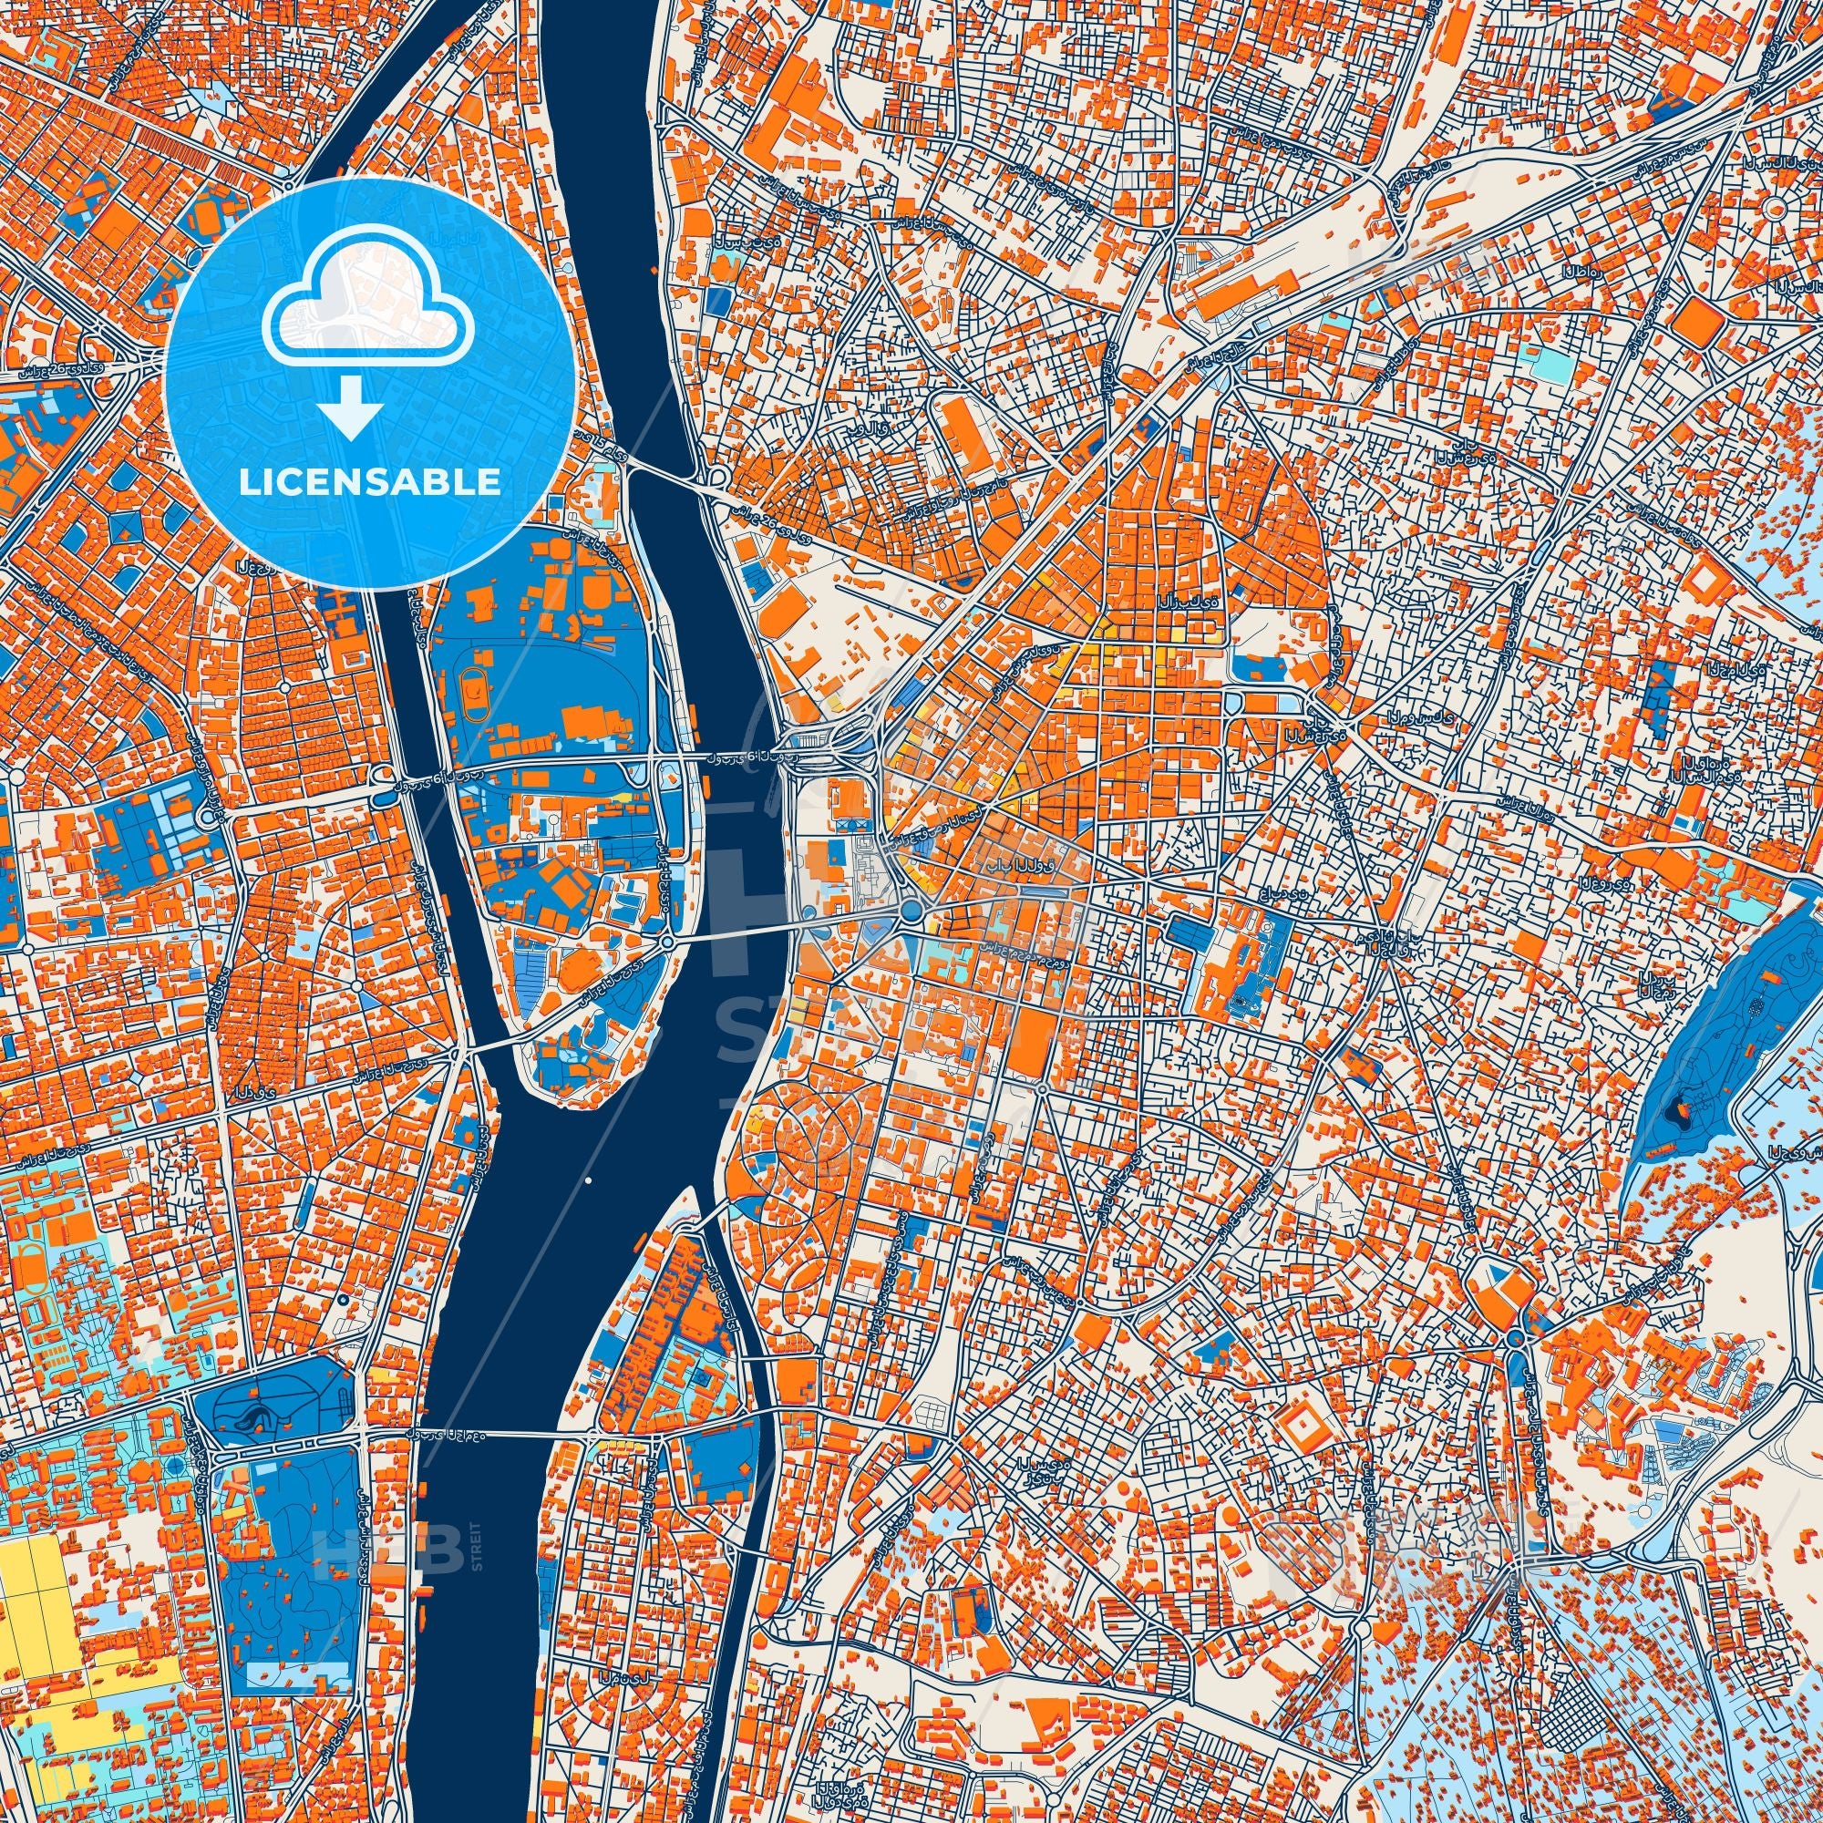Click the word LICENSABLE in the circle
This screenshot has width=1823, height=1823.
point(369,482)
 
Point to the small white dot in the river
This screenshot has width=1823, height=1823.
point(588,1180)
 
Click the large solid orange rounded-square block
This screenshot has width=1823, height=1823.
point(1697,322)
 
